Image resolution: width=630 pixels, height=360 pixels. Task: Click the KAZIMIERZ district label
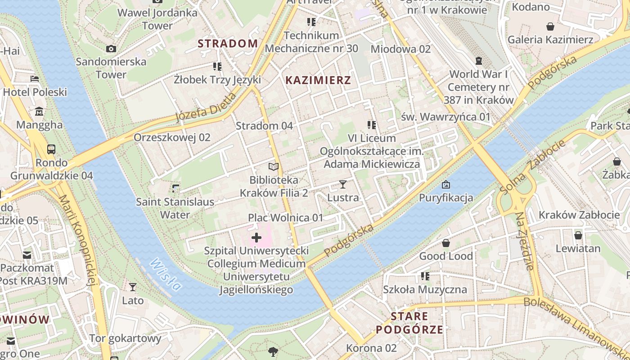[x=318, y=81]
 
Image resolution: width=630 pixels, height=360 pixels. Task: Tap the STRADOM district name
[x=228, y=44]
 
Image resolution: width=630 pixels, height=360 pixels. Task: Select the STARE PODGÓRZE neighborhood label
[x=409, y=323]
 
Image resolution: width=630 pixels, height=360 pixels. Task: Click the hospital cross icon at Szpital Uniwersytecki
[x=256, y=237]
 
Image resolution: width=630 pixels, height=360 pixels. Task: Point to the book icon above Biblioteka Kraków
[x=274, y=167]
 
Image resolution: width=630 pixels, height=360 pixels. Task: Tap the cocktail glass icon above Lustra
[x=343, y=184]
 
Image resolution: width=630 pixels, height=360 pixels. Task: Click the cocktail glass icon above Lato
[x=133, y=287]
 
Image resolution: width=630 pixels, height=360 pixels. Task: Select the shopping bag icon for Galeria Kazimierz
[x=550, y=27]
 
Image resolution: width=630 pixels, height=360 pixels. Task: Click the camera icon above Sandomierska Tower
[x=111, y=49]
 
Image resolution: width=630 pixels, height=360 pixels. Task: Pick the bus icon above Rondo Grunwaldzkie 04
[x=51, y=149]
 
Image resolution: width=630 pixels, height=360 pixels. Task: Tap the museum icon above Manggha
[x=39, y=111]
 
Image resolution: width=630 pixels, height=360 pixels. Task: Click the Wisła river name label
[x=166, y=274]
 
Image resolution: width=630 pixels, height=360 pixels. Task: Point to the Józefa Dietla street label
[x=205, y=108]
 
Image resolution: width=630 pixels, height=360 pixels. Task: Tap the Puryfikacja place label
[x=446, y=198]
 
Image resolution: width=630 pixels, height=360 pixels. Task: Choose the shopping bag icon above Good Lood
[x=446, y=243]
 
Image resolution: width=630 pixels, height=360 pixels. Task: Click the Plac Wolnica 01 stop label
[x=285, y=218]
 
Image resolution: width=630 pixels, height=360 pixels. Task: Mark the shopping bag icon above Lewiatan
[x=578, y=235]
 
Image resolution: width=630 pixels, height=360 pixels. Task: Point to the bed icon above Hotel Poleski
[x=35, y=79]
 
